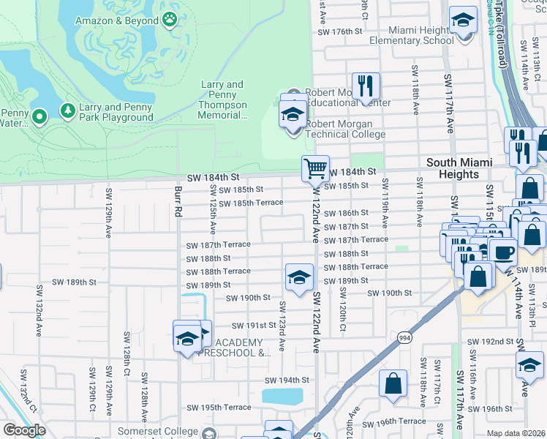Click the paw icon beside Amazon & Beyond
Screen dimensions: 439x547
coord(170,20)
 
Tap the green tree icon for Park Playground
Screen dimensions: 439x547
coord(68,110)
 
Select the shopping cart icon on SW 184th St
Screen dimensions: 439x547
coord(315,168)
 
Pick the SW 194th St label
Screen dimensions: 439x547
coord(287,380)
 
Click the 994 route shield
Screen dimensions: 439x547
coord(404,337)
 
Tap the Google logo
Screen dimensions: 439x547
coord(24,431)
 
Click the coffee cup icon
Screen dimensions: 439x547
coord(502,252)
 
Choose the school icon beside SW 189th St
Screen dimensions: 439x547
coord(298,277)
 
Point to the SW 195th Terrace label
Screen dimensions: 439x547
coord(219,408)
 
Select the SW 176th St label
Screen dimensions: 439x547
coord(340,32)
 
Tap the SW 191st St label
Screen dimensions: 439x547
coord(253,326)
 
